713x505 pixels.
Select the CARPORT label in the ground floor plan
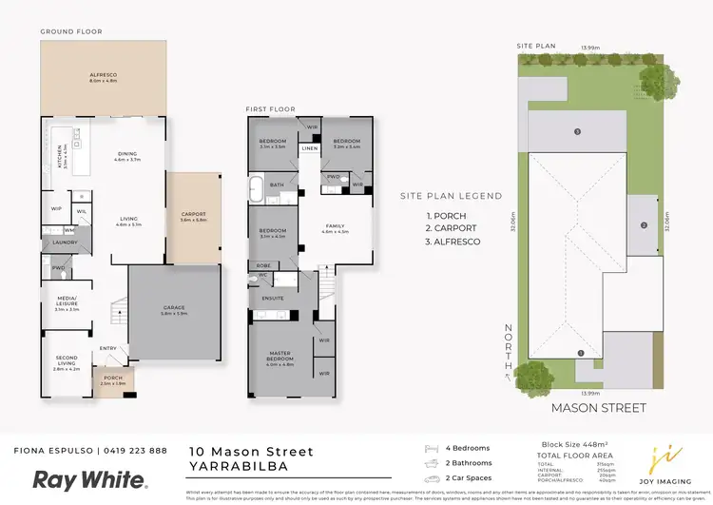[193, 216]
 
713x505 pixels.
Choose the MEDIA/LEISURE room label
[66, 302]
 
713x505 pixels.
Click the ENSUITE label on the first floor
[274, 298]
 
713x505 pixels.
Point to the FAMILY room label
[335, 226]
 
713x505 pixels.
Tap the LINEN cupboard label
[309, 148]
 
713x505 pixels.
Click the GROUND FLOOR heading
[70, 31]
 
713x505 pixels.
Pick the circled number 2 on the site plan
[644, 225]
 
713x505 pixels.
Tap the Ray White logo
[90, 480]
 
